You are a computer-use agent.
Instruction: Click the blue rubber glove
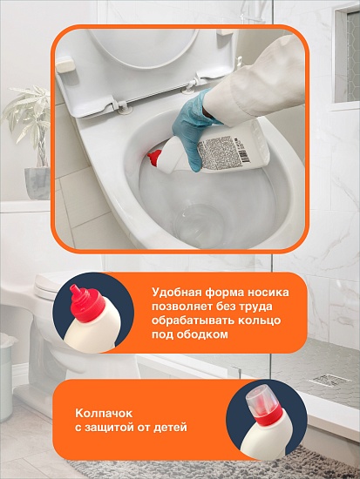click(x=193, y=128)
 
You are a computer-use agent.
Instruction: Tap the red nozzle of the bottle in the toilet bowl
click(x=155, y=159)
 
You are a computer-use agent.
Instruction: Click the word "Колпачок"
click(x=104, y=414)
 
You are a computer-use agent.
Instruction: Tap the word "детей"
click(x=173, y=427)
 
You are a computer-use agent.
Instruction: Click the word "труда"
click(x=256, y=307)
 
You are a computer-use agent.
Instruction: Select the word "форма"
click(x=220, y=293)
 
